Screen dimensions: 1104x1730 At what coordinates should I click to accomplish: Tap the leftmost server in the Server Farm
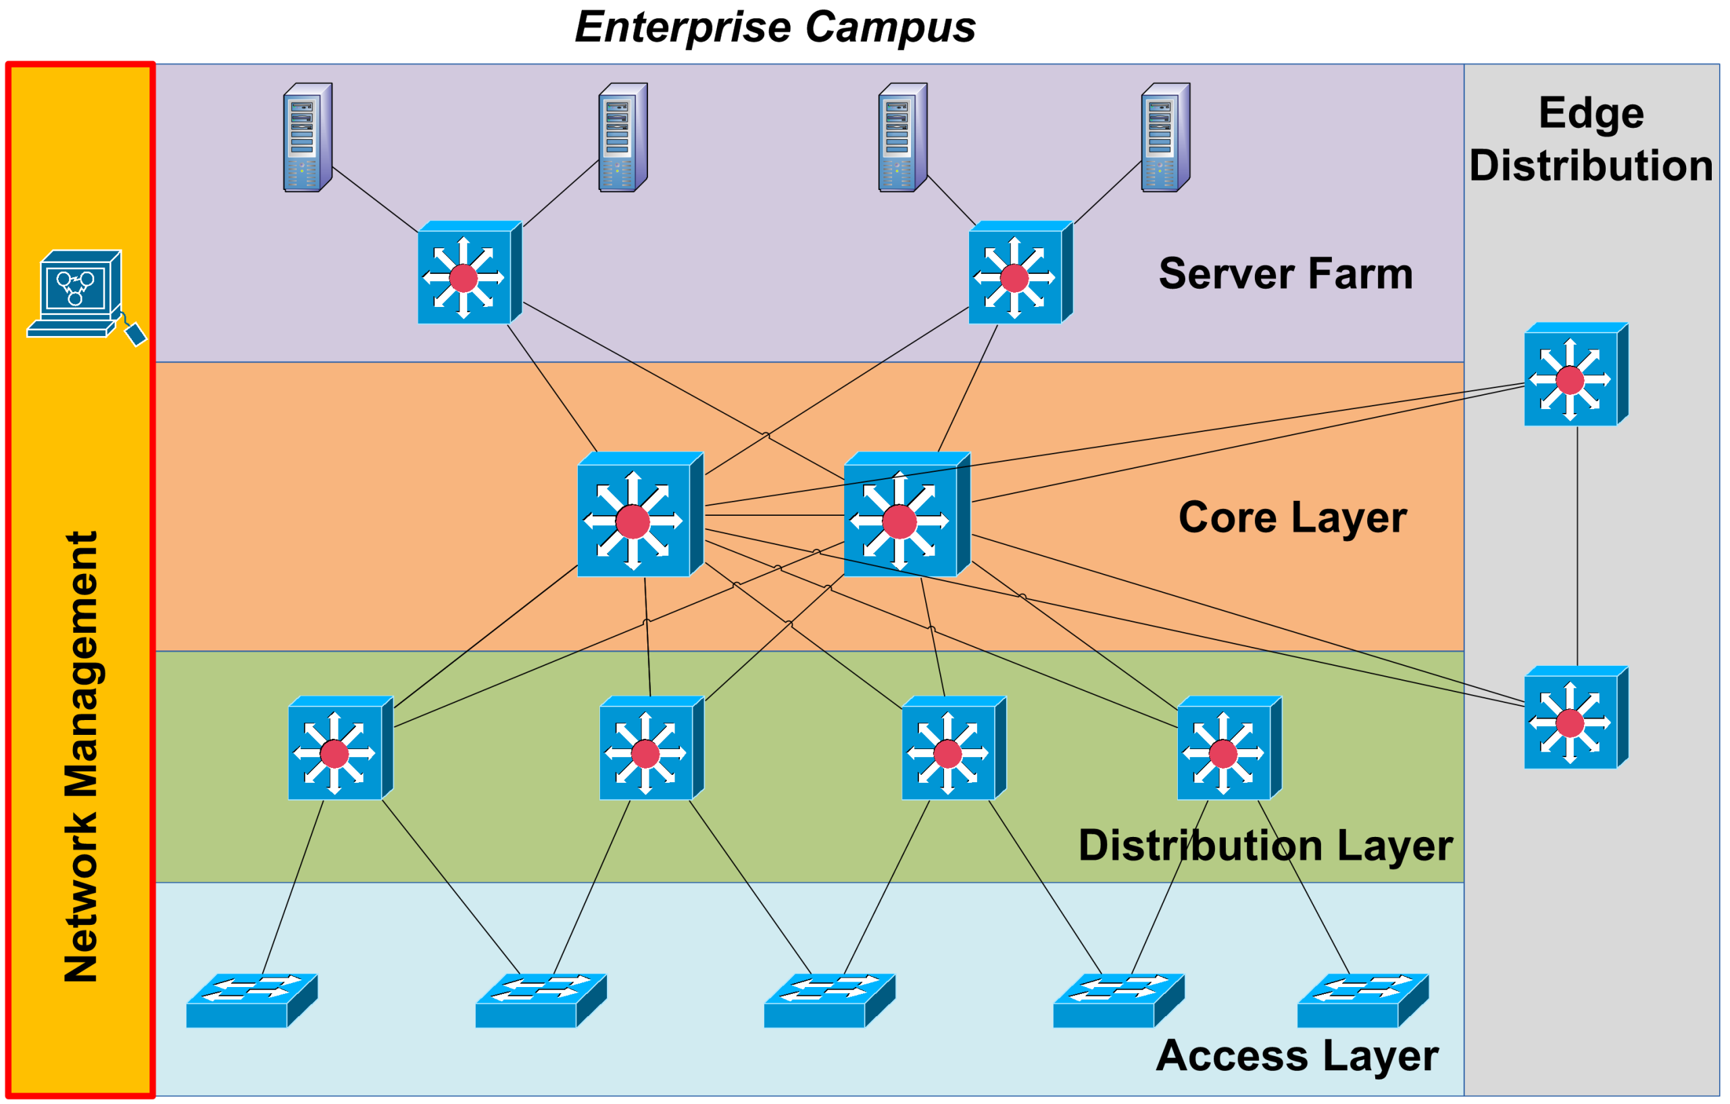(x=307, y=137)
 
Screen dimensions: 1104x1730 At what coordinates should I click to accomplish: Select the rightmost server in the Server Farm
(x=1165, y=137)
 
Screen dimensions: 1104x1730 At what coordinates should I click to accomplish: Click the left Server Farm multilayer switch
(x=469, y=273)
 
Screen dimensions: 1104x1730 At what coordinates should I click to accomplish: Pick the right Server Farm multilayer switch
(x=1020, y=273)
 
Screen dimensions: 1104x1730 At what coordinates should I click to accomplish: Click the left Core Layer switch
(x=639, y=514)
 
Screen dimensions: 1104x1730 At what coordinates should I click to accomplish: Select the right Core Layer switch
(x=906, y=514)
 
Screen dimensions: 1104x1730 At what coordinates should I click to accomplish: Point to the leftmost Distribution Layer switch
(x=340, y=748)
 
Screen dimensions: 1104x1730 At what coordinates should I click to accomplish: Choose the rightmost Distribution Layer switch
(x=1229, y=748)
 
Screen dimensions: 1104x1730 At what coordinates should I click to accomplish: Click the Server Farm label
(x=1285, y=274)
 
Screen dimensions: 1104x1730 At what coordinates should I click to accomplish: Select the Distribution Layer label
(x=1265, y=845)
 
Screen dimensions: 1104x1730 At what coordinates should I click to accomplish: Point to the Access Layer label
(x=1297, y=1056)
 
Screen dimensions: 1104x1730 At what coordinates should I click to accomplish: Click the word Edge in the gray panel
(x=1591, y=114)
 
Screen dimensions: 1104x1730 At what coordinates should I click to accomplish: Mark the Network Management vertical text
(x=80, y=756)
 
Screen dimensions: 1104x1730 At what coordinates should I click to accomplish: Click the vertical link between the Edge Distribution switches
(x=1578, y=546)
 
